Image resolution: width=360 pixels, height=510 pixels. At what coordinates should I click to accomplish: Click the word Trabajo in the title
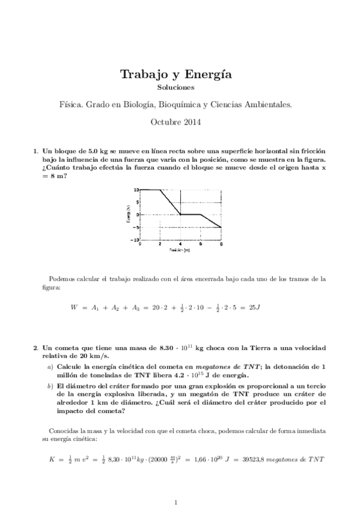pyautogui.click(x=144, y=75)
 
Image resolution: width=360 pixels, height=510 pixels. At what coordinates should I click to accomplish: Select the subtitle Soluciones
pyautogui.click(x=180, y=88)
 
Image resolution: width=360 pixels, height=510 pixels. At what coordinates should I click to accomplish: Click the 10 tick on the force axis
pyautogui.click(x=136, y=190)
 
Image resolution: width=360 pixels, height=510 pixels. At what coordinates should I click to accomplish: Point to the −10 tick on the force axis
pyautogui.click(x=135, y=239)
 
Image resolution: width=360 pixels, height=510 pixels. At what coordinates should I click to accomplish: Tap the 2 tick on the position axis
pyautogui.click(x=160, y=243)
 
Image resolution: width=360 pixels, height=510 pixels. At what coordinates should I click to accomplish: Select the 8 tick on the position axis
pyautogui.click(x=221, y=243)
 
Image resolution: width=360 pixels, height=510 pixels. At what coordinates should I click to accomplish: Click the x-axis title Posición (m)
pyautogui.click(x=180, y=249)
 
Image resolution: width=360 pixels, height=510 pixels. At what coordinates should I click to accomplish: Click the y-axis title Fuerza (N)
pyautogui.click(x=128, y=214)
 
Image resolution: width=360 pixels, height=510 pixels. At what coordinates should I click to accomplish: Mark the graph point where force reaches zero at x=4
pyautogui.click(x=181, y=214)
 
